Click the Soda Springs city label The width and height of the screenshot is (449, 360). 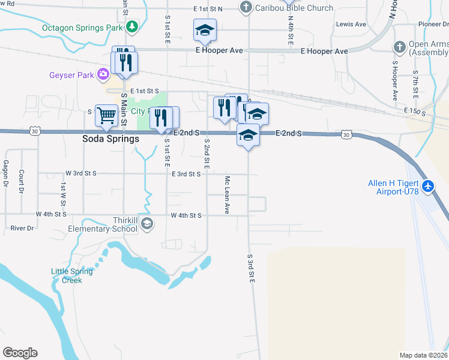click(110, 139)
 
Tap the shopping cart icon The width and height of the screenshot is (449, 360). click(106, 115)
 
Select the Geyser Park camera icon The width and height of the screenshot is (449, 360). click(103, 74)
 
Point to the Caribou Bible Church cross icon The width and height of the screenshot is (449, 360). click(245, 8)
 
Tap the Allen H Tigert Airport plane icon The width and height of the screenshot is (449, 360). click(428, 187)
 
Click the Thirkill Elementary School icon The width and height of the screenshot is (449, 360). click(148, 224)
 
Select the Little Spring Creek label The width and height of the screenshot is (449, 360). click(71, 275)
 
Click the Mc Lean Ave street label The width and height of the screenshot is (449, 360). click(228, 195)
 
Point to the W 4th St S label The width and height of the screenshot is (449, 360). click(51, 214)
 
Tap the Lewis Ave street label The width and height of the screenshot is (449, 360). click(351, 24)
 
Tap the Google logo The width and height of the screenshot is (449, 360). click(20, 353)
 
